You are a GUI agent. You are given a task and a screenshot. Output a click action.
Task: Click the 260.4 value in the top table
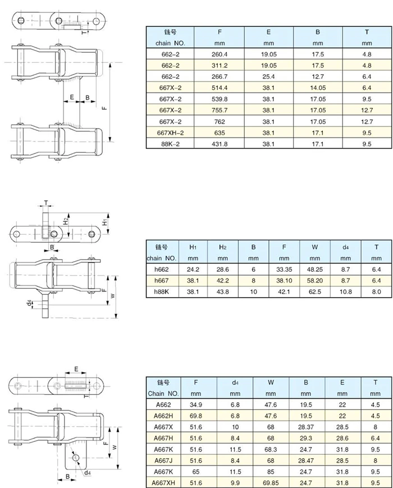click(x=219, y=54)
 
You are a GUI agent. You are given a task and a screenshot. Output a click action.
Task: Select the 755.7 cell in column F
click(x=219, y=110)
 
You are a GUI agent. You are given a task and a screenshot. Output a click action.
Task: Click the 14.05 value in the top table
click(x=318, y=88)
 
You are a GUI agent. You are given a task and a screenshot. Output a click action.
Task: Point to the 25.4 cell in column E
click(x=268, y=76)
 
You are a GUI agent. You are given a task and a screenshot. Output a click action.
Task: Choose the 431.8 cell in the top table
click(x=219, y=143)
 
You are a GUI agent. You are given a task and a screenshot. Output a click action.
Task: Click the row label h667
click(x=162, y=280)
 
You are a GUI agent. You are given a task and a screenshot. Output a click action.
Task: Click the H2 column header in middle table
click(x=223, y=247)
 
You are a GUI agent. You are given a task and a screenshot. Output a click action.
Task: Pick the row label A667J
click(x=162, y=460)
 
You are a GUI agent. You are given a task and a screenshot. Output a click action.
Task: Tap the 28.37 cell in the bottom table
click(x=307, y=427)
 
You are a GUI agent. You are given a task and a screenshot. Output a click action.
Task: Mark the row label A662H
click(x=162, y=416)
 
